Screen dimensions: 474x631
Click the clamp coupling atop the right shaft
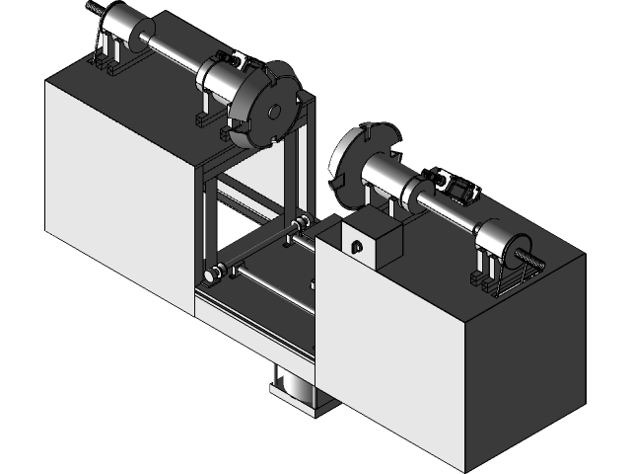coord(456,186)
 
